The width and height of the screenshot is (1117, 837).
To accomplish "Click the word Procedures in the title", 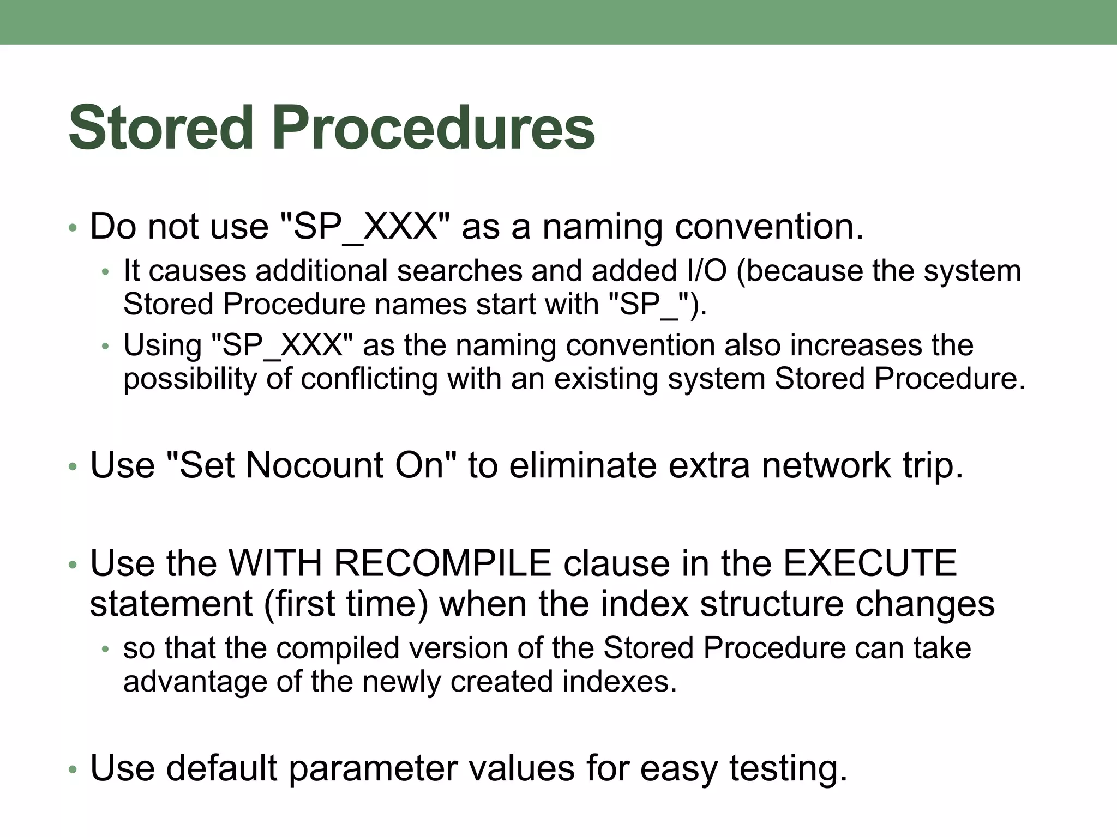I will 433,129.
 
